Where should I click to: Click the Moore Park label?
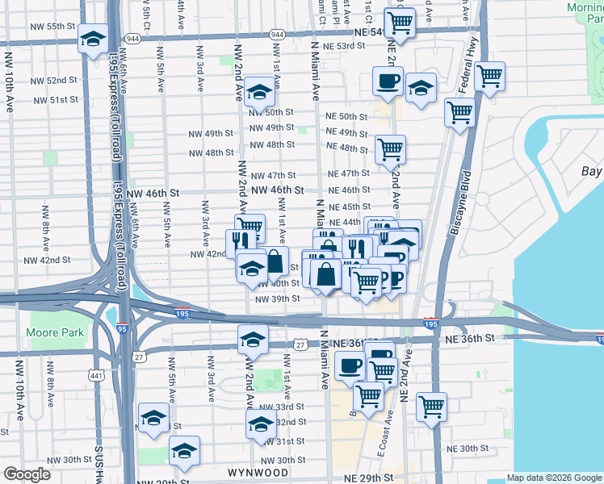click(x=54, y=332)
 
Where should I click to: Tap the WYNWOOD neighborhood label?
click(x=258, y=472)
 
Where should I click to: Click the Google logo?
click(x=27, y=474)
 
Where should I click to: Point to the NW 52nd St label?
click(x=55, y=81)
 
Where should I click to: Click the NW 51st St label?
click(x=55, y=100)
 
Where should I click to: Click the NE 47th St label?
click(x=348, y=173)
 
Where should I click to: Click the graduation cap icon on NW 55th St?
click(x=93, y=38)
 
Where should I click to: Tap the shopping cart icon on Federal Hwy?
click(x=489, y=77)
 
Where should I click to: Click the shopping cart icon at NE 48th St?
click(x=390, y=148)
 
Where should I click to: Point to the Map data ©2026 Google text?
click(x=553, y=477)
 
